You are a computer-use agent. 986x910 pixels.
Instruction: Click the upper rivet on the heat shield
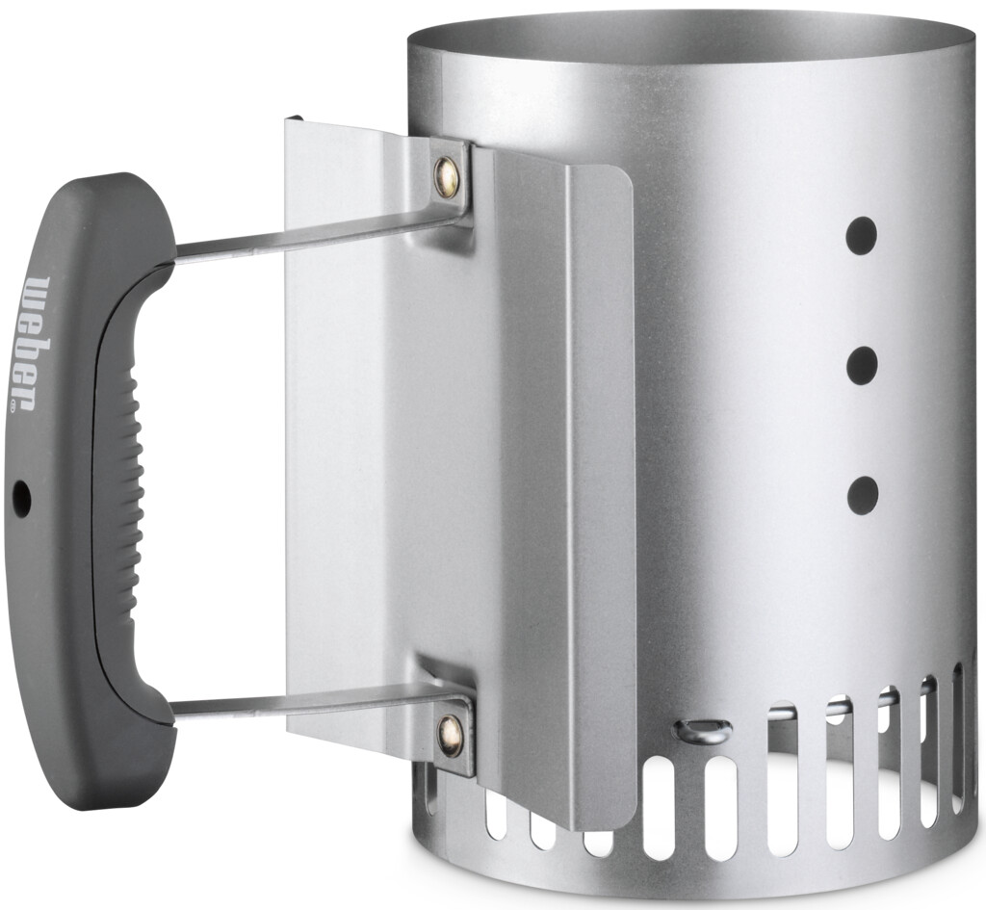[x=448, y=176]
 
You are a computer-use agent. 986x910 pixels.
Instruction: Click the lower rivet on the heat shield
[x=451, y=735]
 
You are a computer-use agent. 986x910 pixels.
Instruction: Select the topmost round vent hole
[x=861, y=236]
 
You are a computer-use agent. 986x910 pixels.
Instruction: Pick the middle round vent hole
[x=862, y=365]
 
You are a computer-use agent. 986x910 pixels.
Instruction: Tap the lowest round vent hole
[x=862, y=494]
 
